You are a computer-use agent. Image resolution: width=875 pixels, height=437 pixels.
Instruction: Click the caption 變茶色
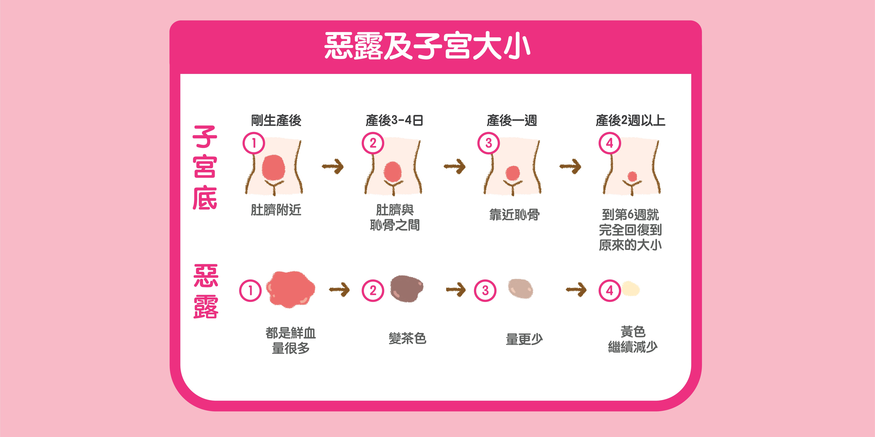(x=407, y=338)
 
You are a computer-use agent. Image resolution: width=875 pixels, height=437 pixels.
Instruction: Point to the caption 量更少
(x=524, y=339)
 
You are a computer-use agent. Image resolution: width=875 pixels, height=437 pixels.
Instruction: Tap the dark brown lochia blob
(x=406, y=288)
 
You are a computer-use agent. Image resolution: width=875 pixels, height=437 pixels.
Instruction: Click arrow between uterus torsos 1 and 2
(x=333, y=166)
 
